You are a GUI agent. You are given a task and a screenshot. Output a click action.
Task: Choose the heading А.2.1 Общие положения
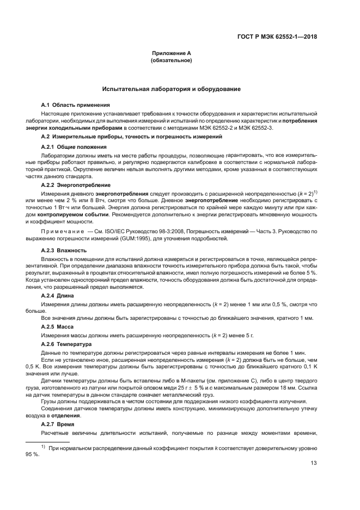coord(74,147)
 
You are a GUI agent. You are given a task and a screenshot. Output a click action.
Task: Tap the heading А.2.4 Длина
coord(62,295)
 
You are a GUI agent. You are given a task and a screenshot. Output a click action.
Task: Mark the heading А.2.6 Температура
coord(69,345)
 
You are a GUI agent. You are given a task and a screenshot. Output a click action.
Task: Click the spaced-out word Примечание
coord(63,232)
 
